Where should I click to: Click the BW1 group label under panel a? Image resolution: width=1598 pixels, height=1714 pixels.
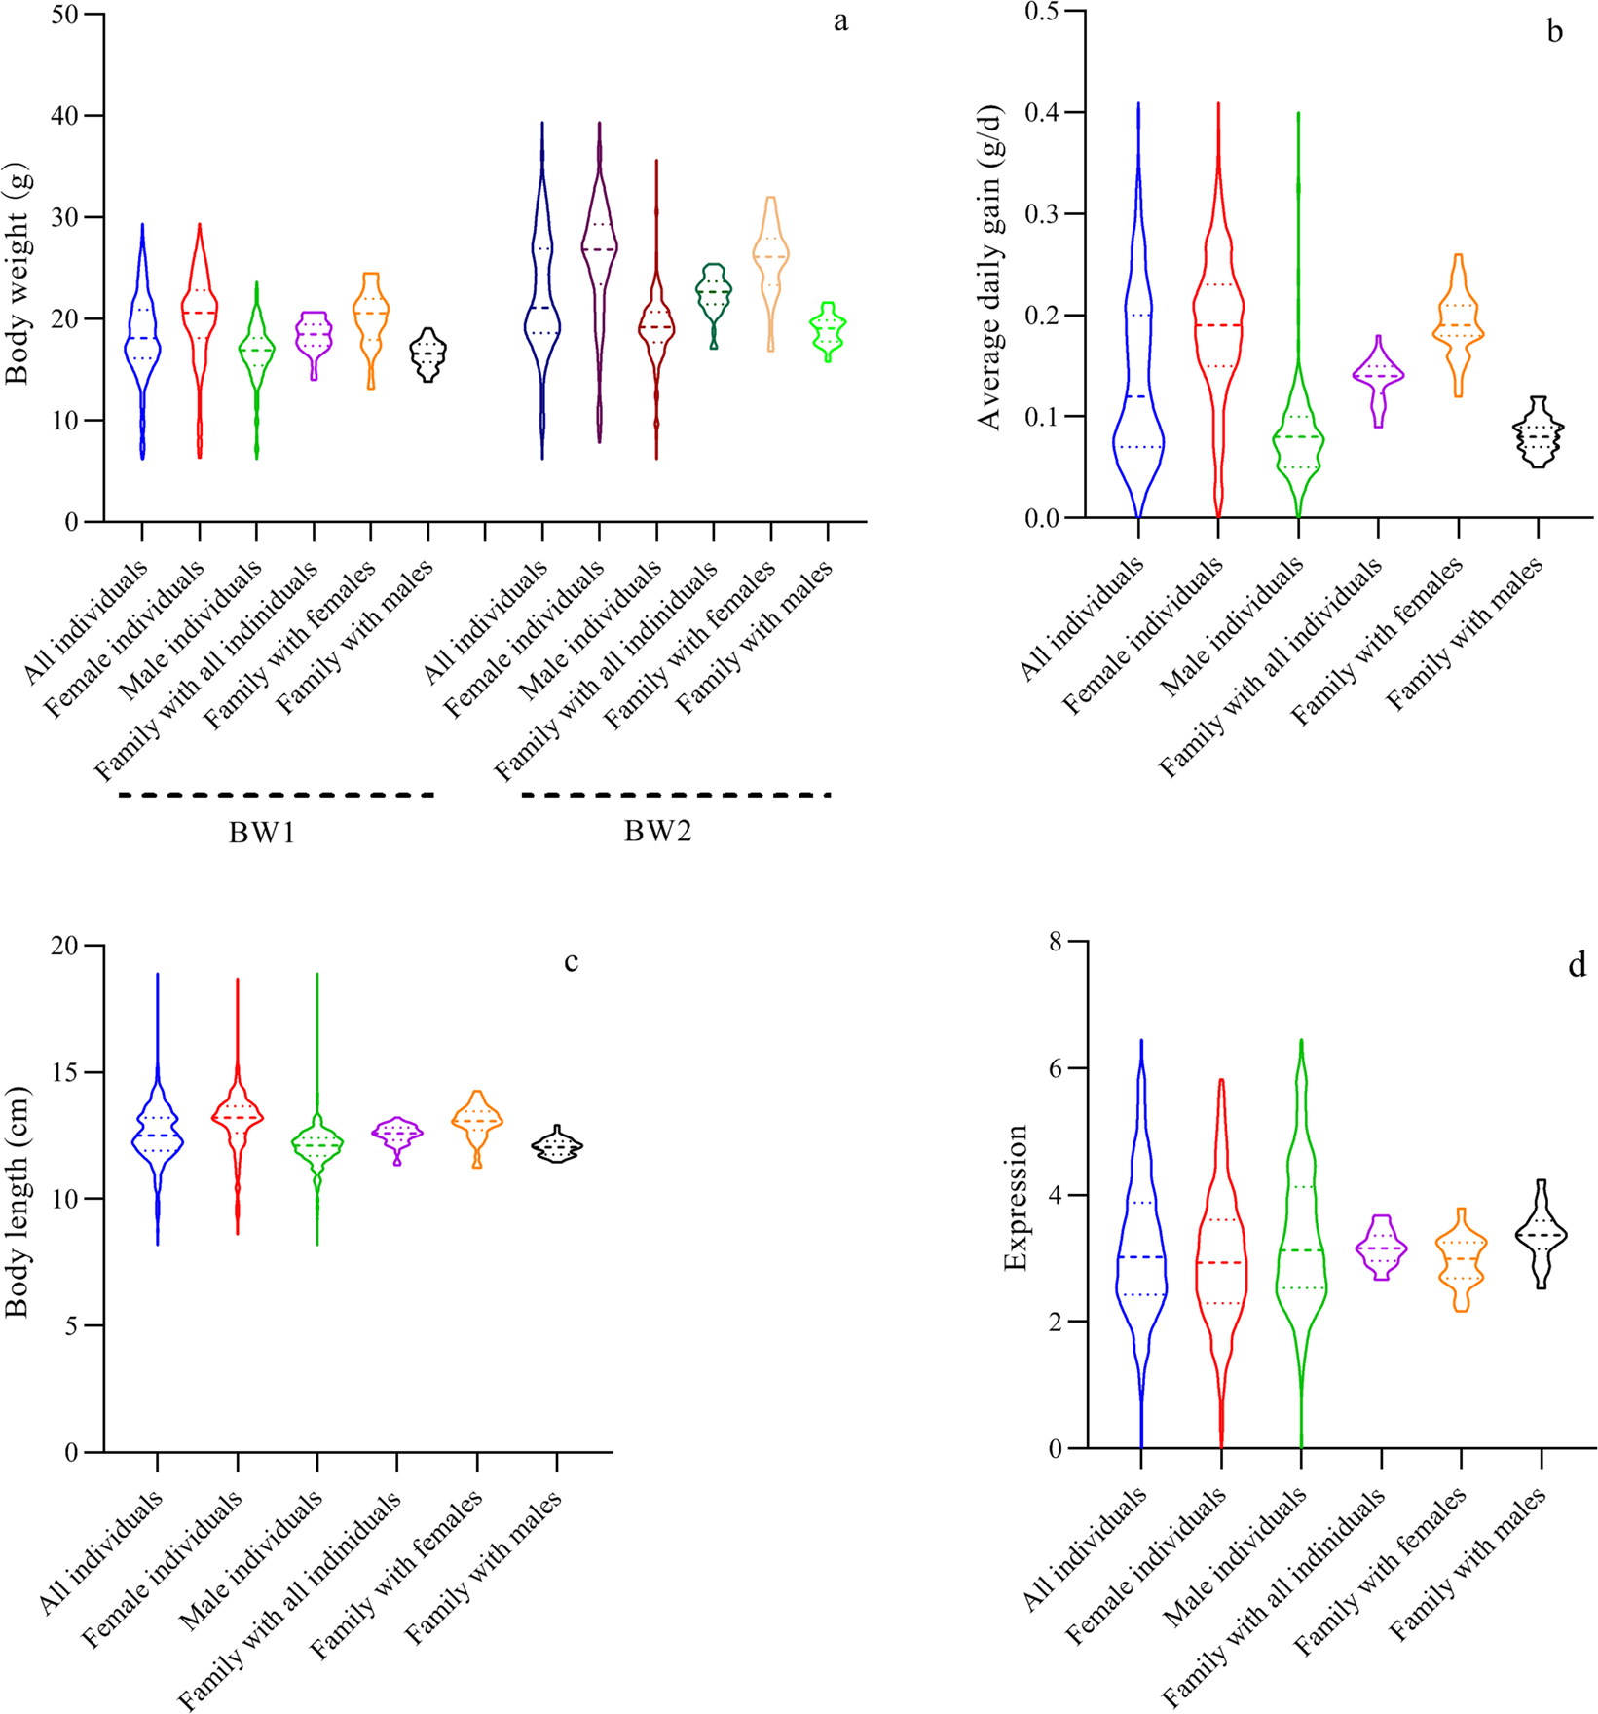(x=261, y=833)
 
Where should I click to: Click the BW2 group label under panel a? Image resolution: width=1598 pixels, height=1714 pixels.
(x=658, y=832)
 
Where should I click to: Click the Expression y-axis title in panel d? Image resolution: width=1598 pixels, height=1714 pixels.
(x=1016, y=1198)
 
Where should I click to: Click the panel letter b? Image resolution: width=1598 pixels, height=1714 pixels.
(x=1555, y=32)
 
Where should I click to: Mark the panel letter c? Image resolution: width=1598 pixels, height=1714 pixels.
(x=571, y=962)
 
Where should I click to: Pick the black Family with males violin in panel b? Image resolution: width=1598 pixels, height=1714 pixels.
(x=1538, y=432)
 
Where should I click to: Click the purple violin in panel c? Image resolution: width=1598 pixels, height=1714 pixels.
(x=396, y=1135)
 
